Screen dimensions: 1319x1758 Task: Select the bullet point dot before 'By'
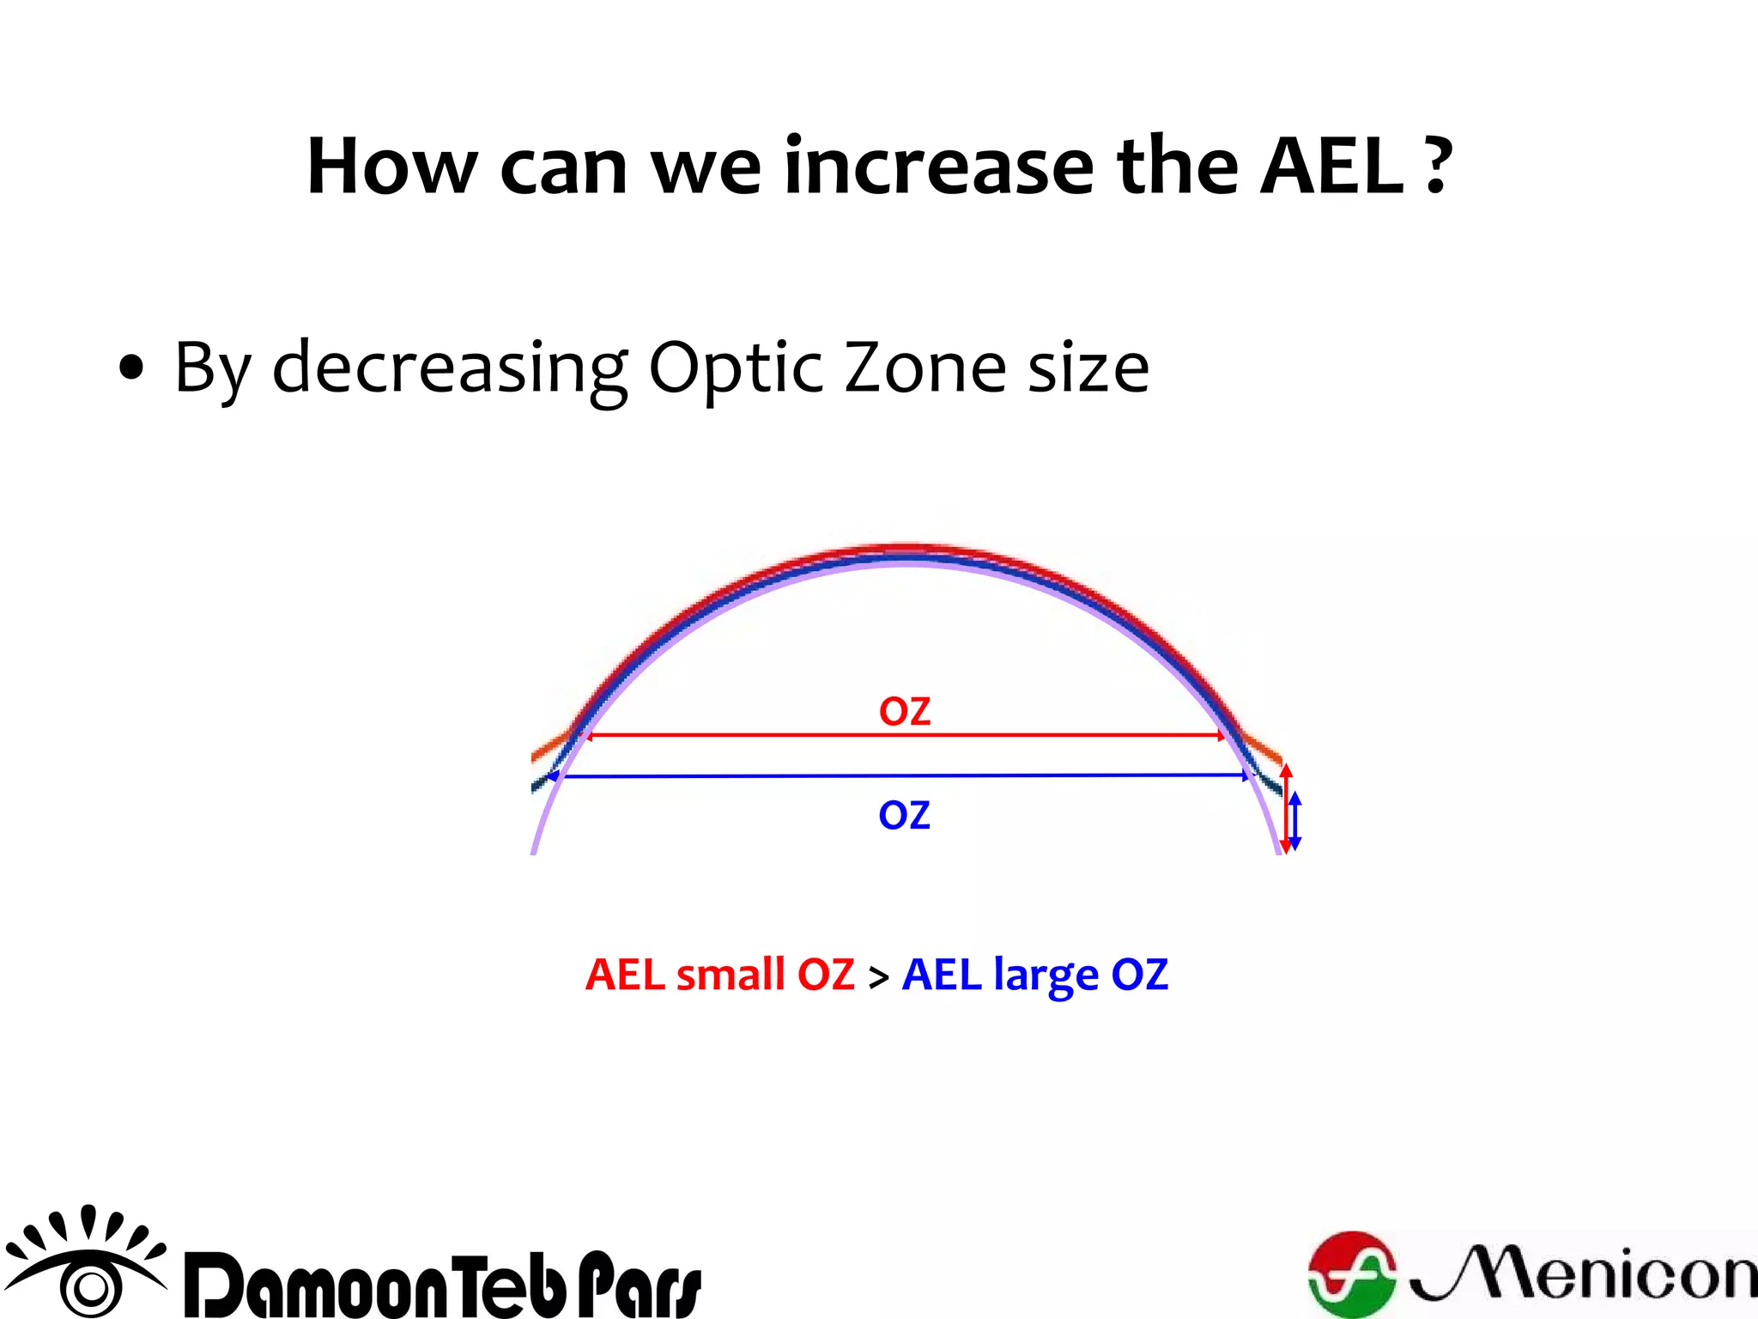click(131, 369)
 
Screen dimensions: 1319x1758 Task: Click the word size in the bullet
click(1088, 368)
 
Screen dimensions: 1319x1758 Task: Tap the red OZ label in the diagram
click(905, 712)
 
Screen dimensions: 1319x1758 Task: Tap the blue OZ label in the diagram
click(904, 815)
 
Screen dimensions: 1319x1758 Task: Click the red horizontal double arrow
click(905, 736)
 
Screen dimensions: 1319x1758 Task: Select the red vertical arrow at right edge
click(1285, 807)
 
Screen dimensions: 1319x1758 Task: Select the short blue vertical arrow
click(1295, 821)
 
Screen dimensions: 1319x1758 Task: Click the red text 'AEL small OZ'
click(719, 975)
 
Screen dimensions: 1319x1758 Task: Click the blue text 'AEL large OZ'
click(1035, 975)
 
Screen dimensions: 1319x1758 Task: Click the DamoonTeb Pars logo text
click(443, 1285)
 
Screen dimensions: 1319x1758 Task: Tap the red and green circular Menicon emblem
click(1352, 1273)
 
